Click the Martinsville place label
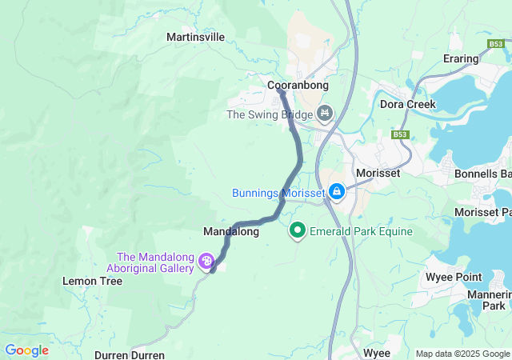[195, 37]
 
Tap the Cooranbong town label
[298, 85]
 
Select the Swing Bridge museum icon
[324, 114]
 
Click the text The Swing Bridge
[270, 114]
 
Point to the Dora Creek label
[408, 105]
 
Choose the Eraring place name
[461, 58]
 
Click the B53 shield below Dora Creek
[401, 135]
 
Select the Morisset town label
[377, 173]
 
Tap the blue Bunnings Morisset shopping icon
[337, 193]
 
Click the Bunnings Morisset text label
[278, 193]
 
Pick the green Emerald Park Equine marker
[298, 231]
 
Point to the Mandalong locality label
[231, 232]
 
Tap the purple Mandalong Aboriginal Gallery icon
[206, 261]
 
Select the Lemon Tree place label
[92, 282]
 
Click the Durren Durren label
[130, 354]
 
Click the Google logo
[26, 350]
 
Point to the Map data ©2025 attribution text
[462, 354]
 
